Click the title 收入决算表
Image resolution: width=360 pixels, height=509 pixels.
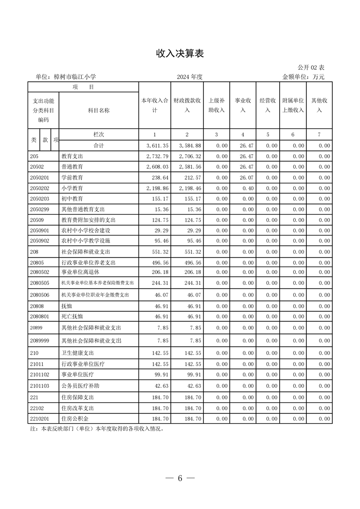(x=180, y=54)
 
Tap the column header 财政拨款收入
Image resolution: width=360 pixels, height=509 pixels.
(x=187, y=105)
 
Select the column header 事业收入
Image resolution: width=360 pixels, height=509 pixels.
(x=243, y=105)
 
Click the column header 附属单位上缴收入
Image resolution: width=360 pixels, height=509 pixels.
(x=293, y=105)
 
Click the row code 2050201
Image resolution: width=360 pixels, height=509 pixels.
(x=39, y=177)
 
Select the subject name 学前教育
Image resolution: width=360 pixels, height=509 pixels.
(x=72, y=177)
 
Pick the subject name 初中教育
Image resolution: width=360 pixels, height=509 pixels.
(x=72, y=199)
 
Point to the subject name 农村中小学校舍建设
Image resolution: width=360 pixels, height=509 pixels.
(x=86, y=230)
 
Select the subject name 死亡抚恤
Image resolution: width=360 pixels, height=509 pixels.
(x=72, y=316)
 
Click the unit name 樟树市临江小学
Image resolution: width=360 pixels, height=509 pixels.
(x=74, y=77)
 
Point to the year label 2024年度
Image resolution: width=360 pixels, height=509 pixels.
(x=190, y=77)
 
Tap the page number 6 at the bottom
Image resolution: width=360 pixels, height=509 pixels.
(x=180, y=478)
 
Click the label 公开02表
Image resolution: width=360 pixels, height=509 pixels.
(x=311, y=68)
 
